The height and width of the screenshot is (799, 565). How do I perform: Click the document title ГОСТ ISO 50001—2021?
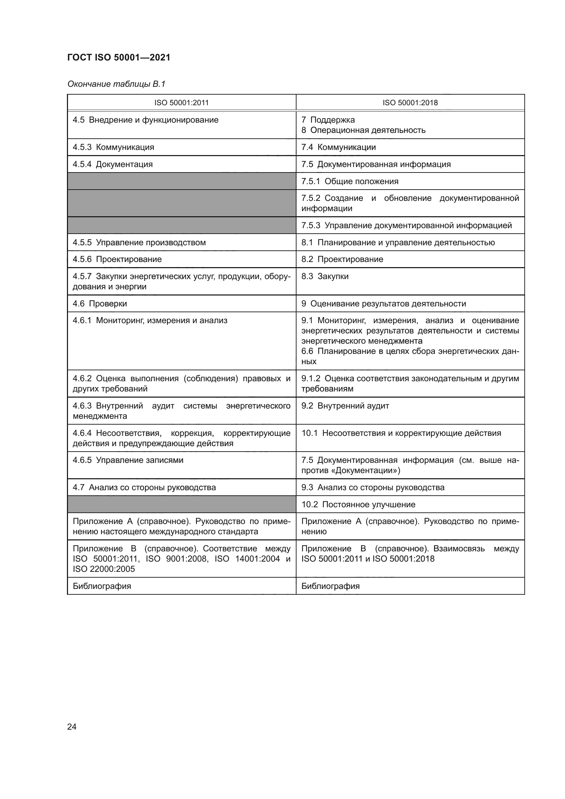119,57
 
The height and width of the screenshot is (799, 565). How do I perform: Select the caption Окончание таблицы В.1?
116,84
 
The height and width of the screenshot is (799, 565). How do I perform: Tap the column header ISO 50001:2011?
181,103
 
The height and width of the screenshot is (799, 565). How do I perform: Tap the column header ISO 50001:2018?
410,103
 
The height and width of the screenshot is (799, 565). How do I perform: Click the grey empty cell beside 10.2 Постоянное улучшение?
181,504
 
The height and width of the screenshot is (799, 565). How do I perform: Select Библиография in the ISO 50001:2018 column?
330,586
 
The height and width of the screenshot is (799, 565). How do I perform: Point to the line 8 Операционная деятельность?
363,130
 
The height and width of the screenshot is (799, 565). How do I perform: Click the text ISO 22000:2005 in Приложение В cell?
104,569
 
